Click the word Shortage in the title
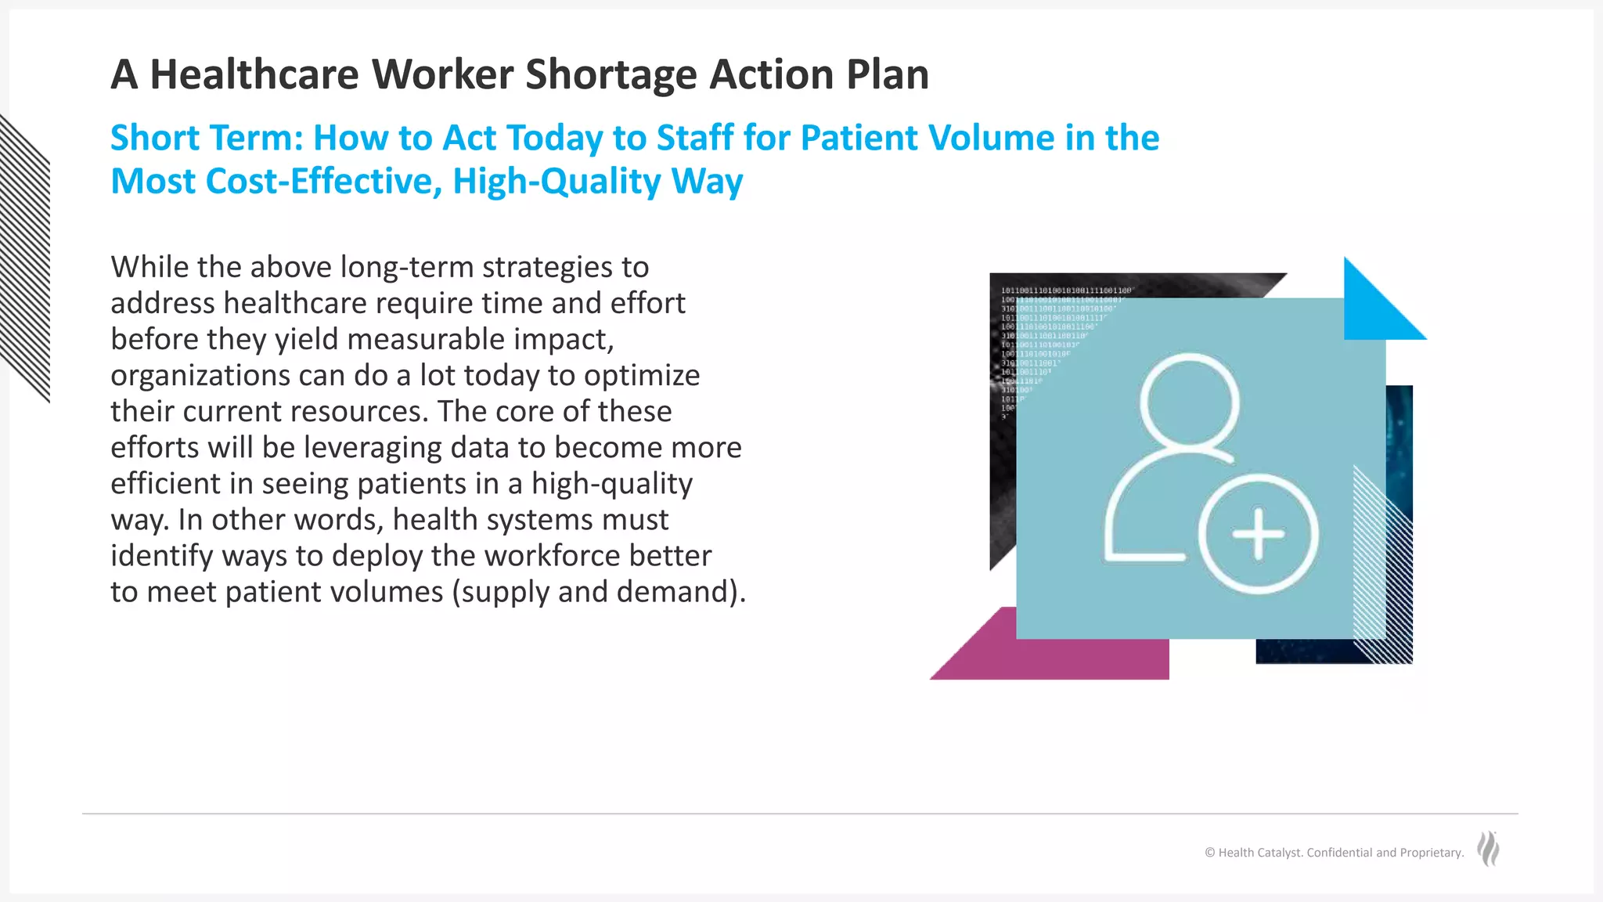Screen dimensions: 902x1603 611,75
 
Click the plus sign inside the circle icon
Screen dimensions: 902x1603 1258,535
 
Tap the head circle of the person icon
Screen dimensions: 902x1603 1190,401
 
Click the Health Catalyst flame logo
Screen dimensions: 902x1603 1488,850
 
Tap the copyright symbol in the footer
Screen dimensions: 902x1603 1209,853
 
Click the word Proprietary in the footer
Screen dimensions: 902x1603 1431,853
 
